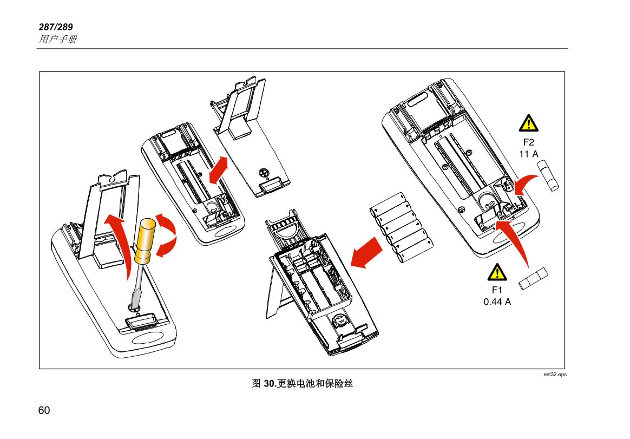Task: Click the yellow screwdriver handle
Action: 145,241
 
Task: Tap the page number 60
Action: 44,410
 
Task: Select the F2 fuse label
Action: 528,143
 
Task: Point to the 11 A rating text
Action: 528,154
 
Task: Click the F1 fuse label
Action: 497,291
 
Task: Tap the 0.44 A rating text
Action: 497,302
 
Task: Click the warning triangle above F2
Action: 528,124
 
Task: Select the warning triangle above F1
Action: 497,272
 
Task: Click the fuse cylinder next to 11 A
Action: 549,174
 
